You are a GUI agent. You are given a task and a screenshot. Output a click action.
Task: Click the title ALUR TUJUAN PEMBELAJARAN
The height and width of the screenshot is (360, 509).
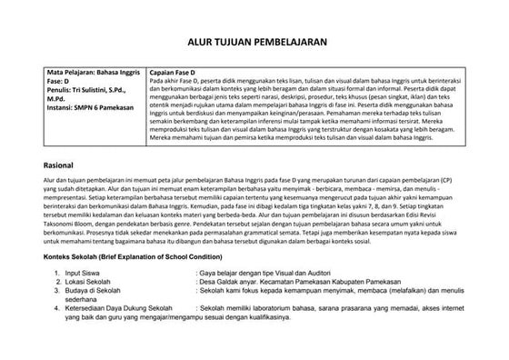tap(254, 42)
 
